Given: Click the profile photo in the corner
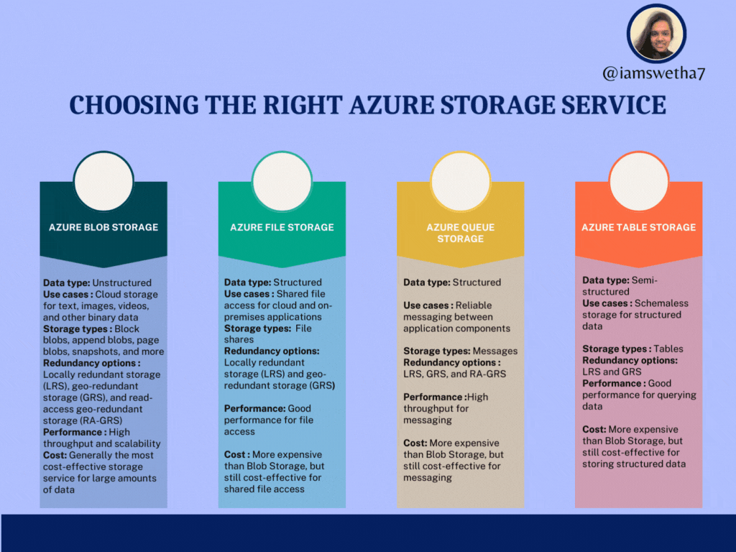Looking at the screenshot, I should (x=656, y=32).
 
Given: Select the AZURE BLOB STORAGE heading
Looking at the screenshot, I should (x=103, y=227).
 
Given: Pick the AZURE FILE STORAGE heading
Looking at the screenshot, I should (x=282, y=227).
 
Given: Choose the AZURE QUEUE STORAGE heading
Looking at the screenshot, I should (x=460, y=233).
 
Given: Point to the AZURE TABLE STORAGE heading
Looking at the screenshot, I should (x=638, y=227).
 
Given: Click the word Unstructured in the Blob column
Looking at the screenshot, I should (x=123, y=282).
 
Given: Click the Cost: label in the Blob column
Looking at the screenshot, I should (x=56, y=455).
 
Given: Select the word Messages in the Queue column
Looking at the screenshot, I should (x=494, y=351).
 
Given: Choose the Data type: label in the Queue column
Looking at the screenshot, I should (x=427, y=282).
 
